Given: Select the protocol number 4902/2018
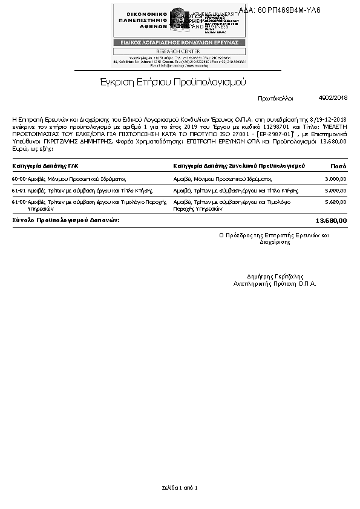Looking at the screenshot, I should coord(333,97).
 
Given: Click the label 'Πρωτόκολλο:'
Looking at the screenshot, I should coord(275,97).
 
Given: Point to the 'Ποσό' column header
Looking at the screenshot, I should coord(338,165).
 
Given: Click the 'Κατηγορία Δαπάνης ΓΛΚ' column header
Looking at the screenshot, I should coord(45,165).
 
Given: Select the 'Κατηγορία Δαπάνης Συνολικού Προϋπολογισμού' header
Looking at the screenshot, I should coord(238,165).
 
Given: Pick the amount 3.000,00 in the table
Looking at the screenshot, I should coord(335,179).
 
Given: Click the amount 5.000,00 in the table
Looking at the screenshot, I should coord(335,191).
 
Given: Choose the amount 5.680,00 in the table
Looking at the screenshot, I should coord(335,202).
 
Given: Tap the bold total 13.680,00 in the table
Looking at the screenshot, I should coord(332,220).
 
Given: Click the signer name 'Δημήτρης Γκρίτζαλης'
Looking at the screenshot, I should coord(275,277).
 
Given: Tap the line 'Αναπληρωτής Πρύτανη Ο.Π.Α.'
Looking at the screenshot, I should coord(275,283).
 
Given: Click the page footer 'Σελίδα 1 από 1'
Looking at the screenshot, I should coord(180,487).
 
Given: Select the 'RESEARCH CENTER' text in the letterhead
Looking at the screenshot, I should coord(180,51).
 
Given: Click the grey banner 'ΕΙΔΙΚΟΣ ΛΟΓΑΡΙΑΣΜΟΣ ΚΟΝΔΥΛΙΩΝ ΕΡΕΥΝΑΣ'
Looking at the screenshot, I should coord(180,42).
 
